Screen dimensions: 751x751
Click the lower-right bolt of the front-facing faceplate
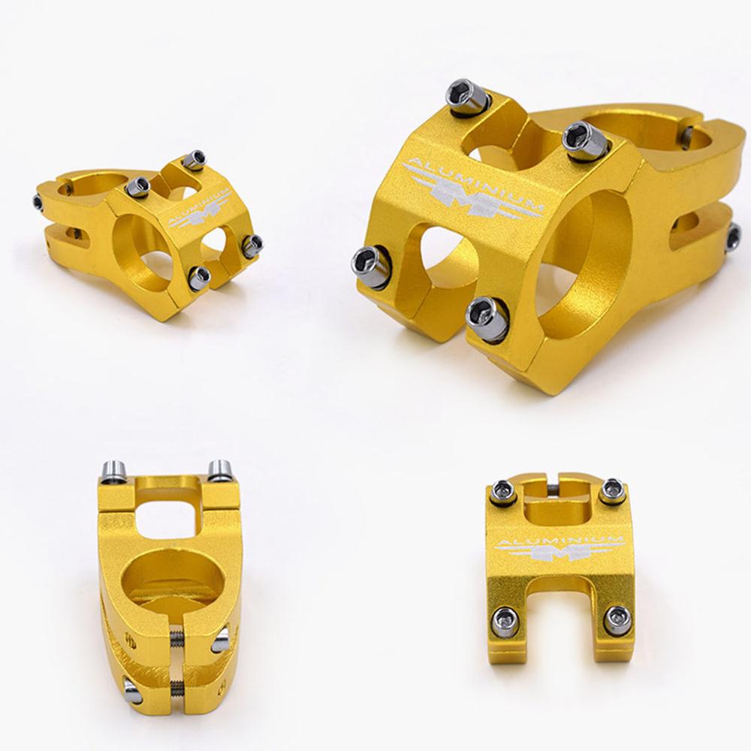616,617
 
